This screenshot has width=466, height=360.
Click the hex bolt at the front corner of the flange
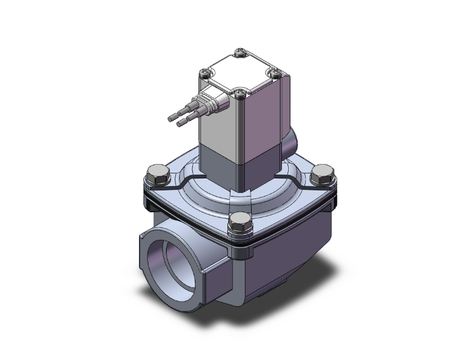click(239, 220)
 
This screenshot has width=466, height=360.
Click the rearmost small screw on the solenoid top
click(239, 52)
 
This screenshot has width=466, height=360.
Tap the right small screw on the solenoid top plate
click(274, 72)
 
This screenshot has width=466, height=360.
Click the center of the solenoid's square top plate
click(239, 73)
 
